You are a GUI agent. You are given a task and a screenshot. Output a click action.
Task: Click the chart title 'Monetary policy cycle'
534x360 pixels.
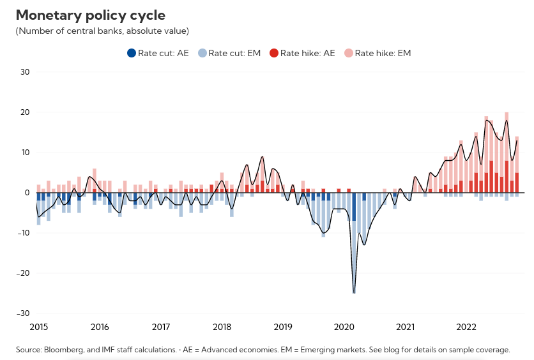point(90,15)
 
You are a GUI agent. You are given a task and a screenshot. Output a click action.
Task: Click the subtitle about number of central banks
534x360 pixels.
point(102,31)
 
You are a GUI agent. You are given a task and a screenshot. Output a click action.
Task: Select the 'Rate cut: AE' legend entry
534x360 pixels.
point(159,53)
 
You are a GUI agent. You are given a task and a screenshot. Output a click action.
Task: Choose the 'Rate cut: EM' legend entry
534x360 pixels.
point(229,53)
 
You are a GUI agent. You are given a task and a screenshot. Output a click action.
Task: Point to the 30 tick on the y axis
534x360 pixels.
point(25,72)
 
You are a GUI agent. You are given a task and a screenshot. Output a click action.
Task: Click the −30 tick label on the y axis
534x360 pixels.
point(23,313)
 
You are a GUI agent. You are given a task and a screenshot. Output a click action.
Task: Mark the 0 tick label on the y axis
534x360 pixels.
point(27,193)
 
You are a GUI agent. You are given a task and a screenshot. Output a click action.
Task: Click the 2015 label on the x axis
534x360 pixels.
point(39,327)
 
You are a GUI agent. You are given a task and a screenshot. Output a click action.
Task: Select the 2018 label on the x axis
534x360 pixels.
point(222,327)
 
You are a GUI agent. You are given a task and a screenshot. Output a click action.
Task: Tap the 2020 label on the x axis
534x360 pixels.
point(344,327)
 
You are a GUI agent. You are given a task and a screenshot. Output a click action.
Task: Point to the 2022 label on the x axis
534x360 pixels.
point(466,327)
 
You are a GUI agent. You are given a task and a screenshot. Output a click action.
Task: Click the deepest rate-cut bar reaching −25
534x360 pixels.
point(354,255)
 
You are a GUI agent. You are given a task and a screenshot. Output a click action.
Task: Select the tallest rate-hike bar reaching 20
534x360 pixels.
point(507,153)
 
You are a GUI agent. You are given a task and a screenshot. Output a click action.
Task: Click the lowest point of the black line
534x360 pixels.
point(354,293)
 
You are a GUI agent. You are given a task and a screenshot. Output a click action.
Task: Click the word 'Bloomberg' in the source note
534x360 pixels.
point(65,350)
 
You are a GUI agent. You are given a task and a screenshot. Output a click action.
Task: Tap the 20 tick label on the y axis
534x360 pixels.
point(25,112)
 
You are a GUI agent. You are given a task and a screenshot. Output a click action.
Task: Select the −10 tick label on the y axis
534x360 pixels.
point(23,233)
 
